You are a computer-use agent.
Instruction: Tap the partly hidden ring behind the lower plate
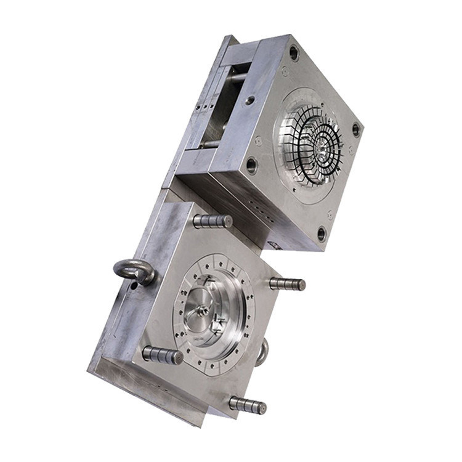click(x=263, y=352)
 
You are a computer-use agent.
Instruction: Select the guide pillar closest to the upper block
click(x=213, y=221)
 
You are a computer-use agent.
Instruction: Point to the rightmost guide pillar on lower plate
click(x=287, y=283)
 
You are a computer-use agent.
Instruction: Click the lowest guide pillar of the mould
click(x=248, y=405)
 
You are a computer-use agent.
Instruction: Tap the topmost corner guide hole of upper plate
click(x=294, y=53)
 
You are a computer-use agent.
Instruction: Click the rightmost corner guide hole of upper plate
click(x=355, y=130)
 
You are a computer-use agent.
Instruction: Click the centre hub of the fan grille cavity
click(x=322, y=147)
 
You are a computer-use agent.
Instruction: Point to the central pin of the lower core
click(x=203, y=312)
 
